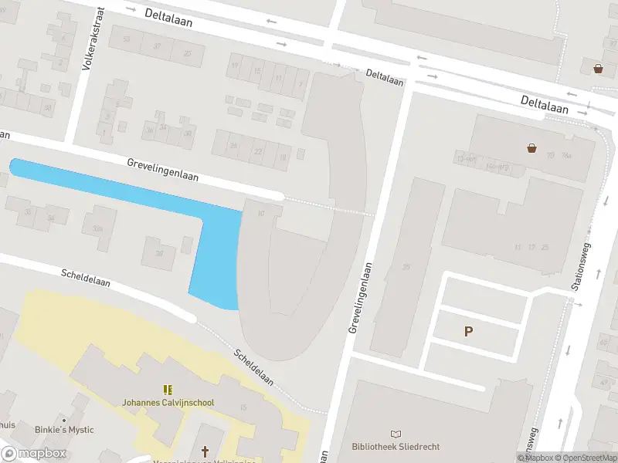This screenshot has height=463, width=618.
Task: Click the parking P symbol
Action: (468, 332)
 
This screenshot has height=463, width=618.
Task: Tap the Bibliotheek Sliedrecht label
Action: (395, 447)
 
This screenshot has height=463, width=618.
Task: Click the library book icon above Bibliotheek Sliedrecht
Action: (396, 434)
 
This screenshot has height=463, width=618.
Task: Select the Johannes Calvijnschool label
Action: (168, 402)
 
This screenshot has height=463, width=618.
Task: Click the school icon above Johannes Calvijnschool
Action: (168, 390)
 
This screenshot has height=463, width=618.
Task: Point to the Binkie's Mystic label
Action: (64, 430)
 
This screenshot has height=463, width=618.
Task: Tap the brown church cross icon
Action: (205, 451)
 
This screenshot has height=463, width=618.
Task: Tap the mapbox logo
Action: (34, 454)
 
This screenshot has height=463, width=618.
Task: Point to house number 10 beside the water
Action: (261, 214)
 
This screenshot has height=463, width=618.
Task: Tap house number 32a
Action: (97, 228)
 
